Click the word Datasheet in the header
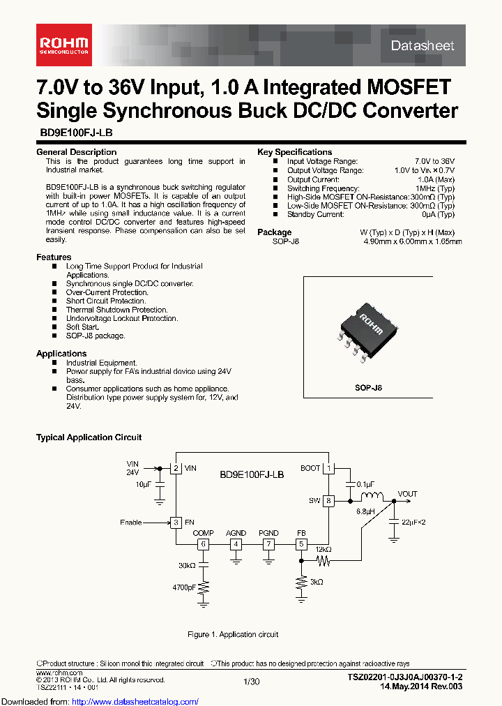pyautogui.click(x=422, y=45)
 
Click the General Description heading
pyautogui.click(x=76, y=152)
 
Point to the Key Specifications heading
pyautogui.click(x=294, y=152)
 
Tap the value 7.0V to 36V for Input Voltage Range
pyautogui.click(x=434, y=161)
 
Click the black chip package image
pyautogui.click(x=368, y=330)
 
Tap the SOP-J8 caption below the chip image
pyautogui.click(x=368, y=388)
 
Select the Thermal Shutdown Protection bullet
pyautogui.click(x=116, y=310)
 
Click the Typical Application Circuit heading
pyautogui.click(x=89, y=437)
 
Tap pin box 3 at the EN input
pyautogui.click(x=177, y=522)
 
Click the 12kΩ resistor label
pyautogui.click(x=323, y=549)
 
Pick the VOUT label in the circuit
pyautogui.click(x=407, y=494)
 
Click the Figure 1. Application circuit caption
pyautogui.click(x=233, y=634)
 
